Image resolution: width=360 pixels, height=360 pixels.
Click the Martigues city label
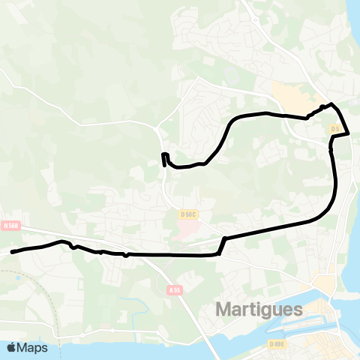[x=259, y=309]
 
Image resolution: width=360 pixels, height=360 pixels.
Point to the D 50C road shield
[x=188, y=214]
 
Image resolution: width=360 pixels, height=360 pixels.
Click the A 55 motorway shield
[x=175, y=289]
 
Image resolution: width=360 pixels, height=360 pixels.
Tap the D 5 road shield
[x=335, y=129]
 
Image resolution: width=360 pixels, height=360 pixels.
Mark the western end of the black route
[x=12, y=252]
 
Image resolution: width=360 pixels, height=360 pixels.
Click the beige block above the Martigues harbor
[x=327, y=283]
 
